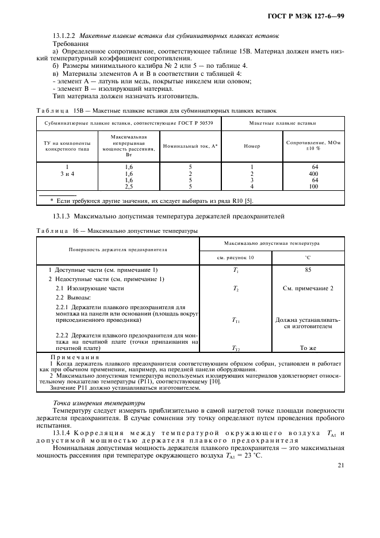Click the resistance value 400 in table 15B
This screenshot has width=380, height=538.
pos(313,174)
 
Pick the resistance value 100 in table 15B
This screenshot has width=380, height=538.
pos(313,186)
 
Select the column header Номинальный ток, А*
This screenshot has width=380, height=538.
pos(190,146)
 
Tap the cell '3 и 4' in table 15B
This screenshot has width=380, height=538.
pos(67,174)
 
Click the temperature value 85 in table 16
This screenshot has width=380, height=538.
pos(308,270)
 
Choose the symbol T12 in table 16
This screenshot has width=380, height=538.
pos(236,348)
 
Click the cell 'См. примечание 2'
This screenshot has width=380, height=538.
pos(308,288)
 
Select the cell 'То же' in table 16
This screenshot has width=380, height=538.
pos(308,348)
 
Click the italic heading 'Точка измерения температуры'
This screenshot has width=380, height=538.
pos(99,402)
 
